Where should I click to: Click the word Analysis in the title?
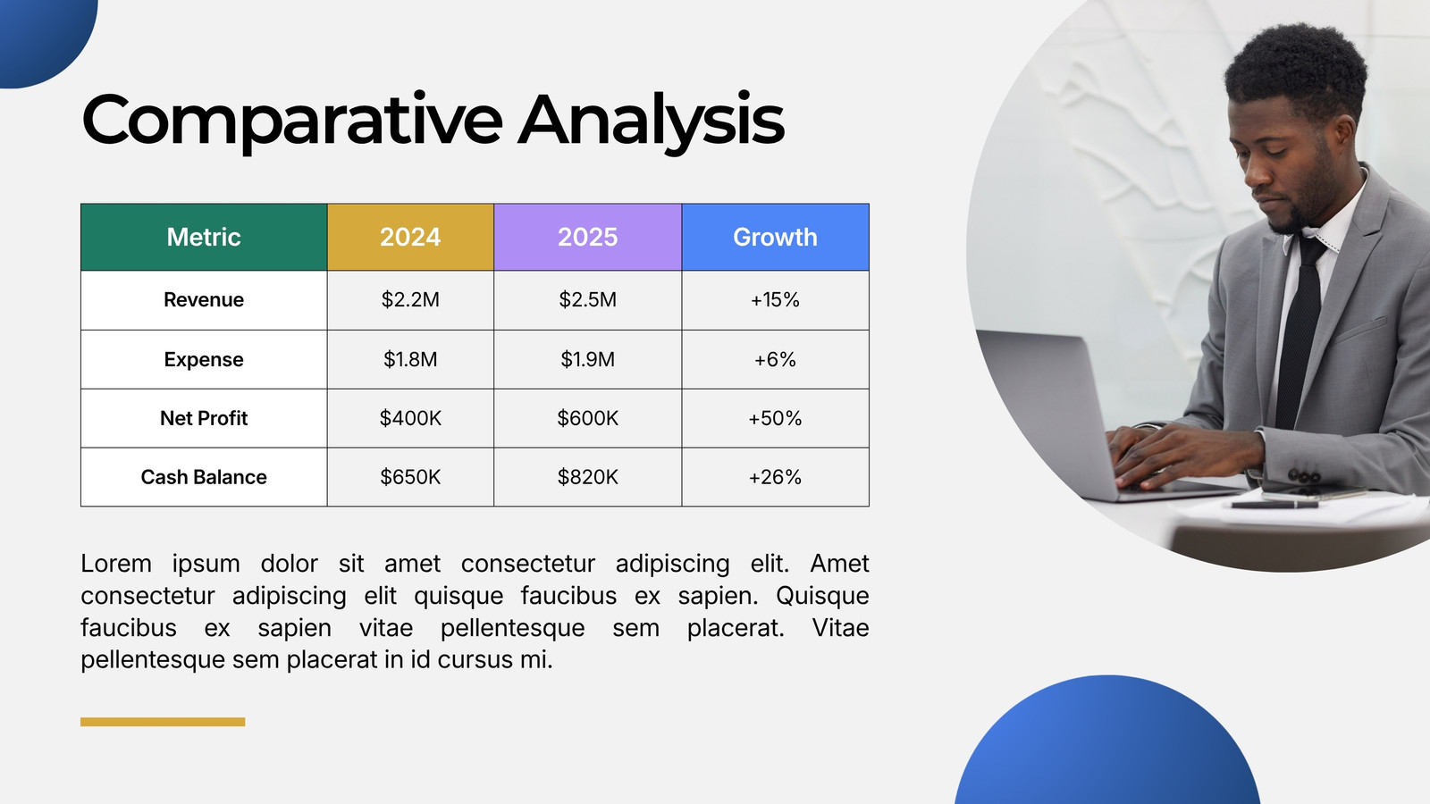(x=652, y=121)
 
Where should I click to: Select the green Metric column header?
(x=204, y=237)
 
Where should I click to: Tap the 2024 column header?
(x=410, y=237)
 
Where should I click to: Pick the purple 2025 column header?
(x=588, y=237)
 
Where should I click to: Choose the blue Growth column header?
(x=775, y=237)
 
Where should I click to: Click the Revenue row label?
(x=204, y=300)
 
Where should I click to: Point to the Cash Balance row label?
(x=204, y=477)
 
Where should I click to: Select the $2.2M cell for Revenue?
(x=410, y=300)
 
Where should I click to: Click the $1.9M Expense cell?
(x=588, y=359)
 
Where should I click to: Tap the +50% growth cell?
(x=775, y=419)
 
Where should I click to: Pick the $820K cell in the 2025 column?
(x=588, y=477)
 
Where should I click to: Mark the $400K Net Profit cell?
(x=410, y=419)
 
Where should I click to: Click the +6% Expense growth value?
(x=775, y=359)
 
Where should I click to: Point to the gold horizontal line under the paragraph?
(x=163, y=722)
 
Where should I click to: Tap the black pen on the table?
(x=1274, y=505)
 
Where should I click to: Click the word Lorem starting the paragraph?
(x=115, y=564)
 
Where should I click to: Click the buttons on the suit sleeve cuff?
(x=1304, y=477)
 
